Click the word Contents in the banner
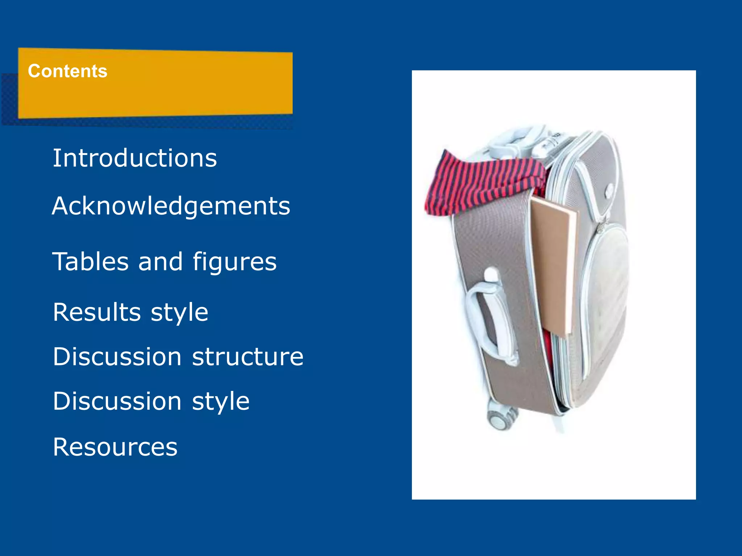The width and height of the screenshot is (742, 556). pyautogui.click(x=68, y=71)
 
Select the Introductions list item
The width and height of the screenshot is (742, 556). pyautogui.click(x=135, y=158)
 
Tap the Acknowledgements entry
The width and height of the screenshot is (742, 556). pyautogui.click(x=171, y=206)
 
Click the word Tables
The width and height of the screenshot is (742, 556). pyautogui.click(x=91, y=261)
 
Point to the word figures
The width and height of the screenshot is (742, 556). pyautogui.click(x=234, y=262)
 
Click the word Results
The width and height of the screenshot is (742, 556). pyautogui.click(x=97, y=312)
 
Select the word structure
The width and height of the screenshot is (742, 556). pyautogui.click(x=247, y=357)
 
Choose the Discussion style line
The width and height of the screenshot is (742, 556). pyautogui.click(x=151, y=401)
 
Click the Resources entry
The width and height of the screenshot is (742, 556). pyautogui.click(x=115, y=447)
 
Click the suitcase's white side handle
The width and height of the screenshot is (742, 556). pyautogui.click(x=489, y=319)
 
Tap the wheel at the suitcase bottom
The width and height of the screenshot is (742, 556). pyautogui.click(x=500, y=420)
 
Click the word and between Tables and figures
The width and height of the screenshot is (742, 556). pyautogui.click(x=161, y=261)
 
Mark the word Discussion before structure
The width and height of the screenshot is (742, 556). pyautogui.click(x=117, y=357)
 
